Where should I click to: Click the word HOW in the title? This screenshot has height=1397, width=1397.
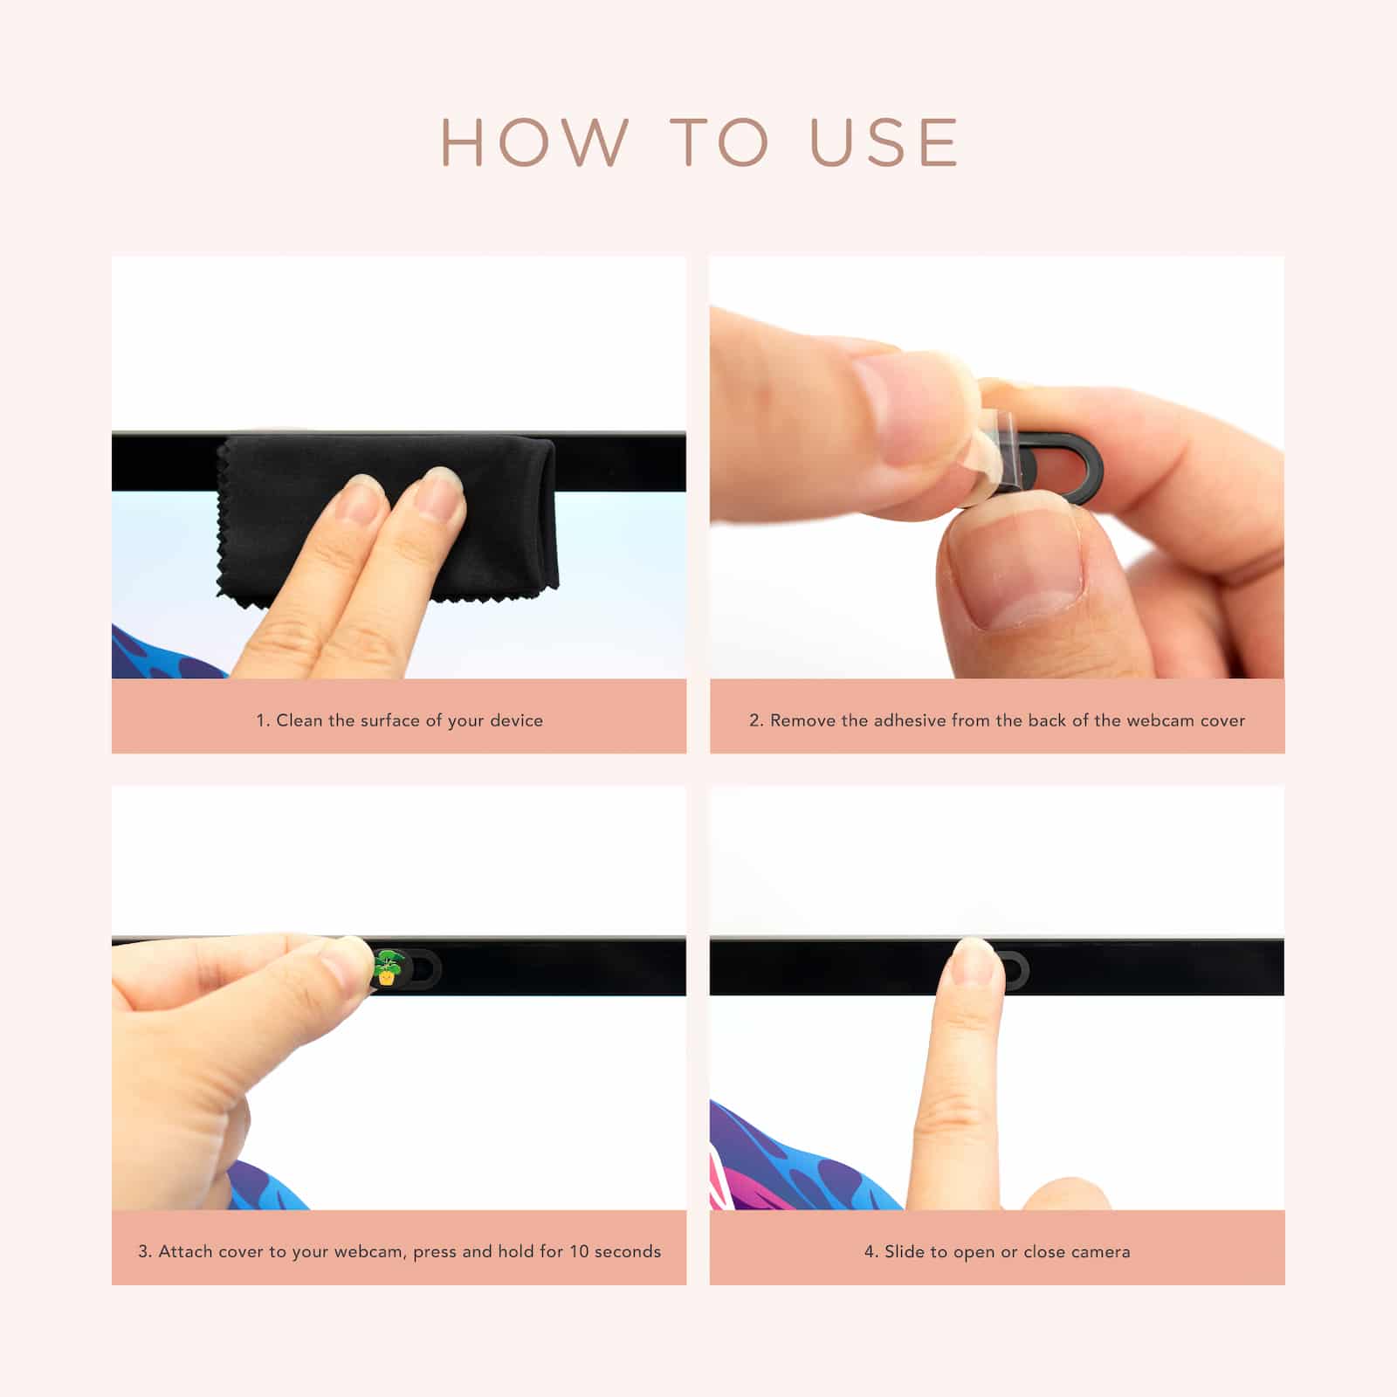(534, 141)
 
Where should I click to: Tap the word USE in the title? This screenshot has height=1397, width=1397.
(884, 141)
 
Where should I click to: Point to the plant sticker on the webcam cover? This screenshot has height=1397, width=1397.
(387, 968)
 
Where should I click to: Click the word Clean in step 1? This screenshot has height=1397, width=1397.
(299, 720)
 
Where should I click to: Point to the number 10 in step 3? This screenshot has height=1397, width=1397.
(579, 1251)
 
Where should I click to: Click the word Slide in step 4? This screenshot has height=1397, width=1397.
(904, 1251)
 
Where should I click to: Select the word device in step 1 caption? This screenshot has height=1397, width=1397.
(517, 720)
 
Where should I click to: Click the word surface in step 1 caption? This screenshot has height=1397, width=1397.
(390, 720)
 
